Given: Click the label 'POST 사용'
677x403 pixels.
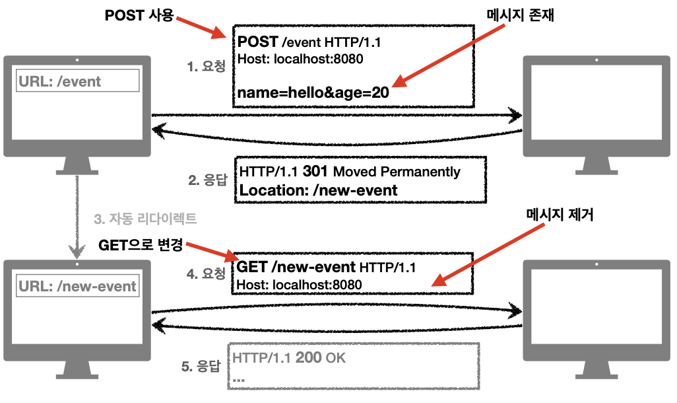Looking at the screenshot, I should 139,15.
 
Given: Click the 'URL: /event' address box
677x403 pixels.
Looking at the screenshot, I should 78,81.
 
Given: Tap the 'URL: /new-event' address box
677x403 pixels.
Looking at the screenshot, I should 78,286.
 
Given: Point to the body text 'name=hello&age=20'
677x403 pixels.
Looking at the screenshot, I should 313,93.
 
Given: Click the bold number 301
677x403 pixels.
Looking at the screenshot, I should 316,172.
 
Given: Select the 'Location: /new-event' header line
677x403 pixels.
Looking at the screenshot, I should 319,190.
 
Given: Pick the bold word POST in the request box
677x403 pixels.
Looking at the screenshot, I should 258,43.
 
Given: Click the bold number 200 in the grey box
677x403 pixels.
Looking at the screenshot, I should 308,359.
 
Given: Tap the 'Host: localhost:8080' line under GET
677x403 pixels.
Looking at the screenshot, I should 300,285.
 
